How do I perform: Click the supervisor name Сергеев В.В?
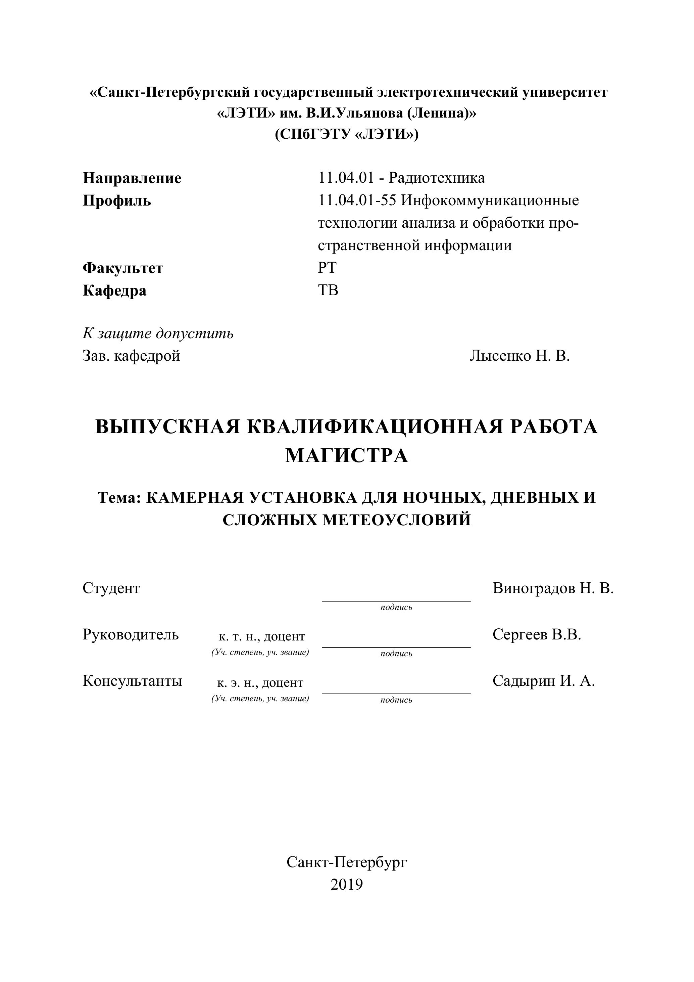(536, 634)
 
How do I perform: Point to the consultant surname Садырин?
(524, 680)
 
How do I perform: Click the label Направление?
(132, 178)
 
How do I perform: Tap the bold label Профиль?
(117, 200)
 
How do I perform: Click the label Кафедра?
(114, 291)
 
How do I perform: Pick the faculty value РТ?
(327, 268)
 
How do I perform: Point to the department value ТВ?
(328, 291)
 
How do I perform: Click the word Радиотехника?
(437, 178)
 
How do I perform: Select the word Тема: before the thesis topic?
(119, 497)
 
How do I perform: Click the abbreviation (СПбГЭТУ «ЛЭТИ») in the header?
(347, 134)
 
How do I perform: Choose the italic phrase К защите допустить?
(158, 333)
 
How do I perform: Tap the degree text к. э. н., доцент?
(260, 683)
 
